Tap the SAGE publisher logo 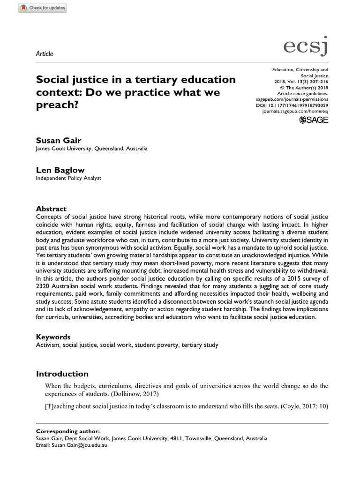click(x=314, y=120)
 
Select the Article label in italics click(x=45, y=53)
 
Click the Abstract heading click(x=52, y=209)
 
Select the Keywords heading click(x=53, y=337)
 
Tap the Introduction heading click(x=62, y=374)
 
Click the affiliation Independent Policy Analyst click(x=68, y=178)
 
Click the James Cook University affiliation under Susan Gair click(x=91, y=149)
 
